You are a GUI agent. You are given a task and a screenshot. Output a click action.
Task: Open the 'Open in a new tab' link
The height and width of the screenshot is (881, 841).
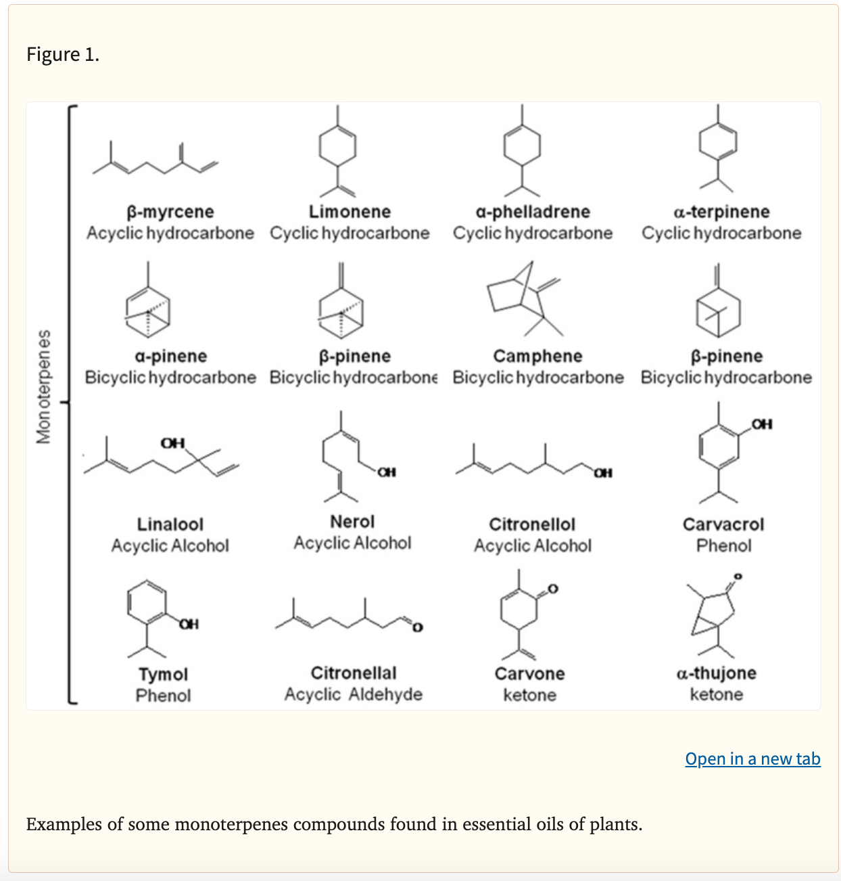tap(752, 759)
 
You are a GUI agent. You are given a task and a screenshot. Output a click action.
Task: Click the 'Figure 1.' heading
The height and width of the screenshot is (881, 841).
tap(63, 54)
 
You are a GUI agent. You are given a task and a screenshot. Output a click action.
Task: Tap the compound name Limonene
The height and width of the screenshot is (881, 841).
tap(350, 211)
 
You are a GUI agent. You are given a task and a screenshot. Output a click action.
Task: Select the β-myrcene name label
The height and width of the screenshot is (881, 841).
tap(170, 212)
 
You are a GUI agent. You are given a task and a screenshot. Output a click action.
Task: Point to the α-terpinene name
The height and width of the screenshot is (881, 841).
tap(721, 211)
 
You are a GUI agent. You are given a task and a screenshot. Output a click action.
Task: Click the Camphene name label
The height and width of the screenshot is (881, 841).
tap(537, 356)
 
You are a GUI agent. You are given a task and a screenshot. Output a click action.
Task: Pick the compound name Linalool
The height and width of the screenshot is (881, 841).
tap(170, 524)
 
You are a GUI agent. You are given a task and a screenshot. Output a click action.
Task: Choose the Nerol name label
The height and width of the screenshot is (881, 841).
tap(352, 522)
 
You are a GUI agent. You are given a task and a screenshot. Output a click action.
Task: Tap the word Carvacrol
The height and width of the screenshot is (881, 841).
tap(723, 524)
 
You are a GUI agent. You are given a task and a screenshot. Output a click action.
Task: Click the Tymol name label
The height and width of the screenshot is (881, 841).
tap(163, 675)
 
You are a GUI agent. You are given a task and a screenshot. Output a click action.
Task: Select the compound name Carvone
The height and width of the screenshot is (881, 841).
tap(529, 674)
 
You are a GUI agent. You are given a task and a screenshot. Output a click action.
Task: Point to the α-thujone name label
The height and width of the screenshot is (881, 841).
tap(717, 673)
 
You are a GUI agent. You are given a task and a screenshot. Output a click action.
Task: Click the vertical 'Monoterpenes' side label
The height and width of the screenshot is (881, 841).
tap(43, 386)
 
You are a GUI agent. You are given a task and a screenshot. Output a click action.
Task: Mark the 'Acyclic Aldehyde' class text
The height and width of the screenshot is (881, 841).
tap(354, 694)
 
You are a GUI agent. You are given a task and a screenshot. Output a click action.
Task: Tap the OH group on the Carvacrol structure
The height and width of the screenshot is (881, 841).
tap(762, 424)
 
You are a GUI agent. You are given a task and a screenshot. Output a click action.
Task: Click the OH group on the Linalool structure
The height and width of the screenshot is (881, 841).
tap(172, 443)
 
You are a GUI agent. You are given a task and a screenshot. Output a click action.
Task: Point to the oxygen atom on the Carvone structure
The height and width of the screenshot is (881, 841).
tap(553, 589)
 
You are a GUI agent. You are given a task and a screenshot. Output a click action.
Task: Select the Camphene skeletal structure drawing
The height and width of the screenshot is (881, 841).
tap(525, 299)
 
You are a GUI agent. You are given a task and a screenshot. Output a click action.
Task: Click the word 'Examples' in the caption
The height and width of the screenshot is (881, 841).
tap(64, 824)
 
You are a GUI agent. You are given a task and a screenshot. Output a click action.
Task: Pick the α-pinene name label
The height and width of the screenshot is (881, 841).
tap(170, 357)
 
